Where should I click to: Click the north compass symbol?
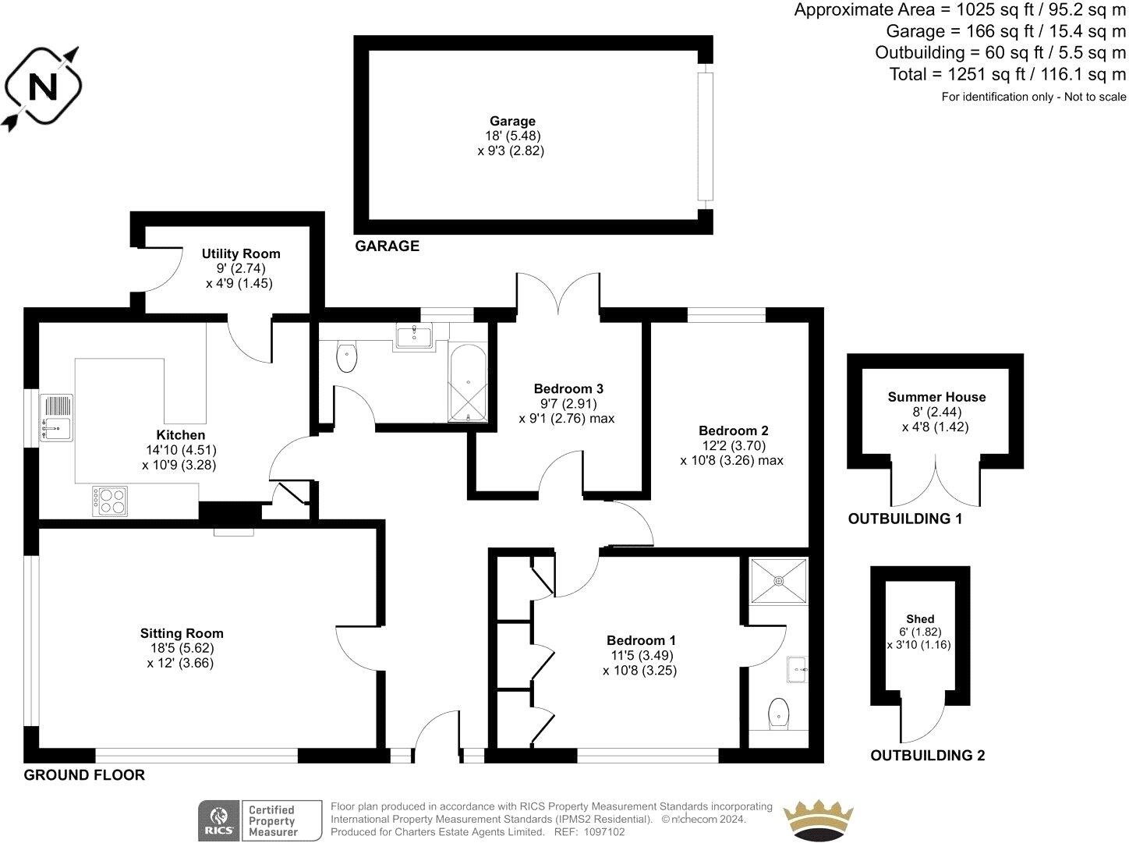pos(44,87)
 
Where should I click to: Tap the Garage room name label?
pos(512,121)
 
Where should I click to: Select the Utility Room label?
pos(240,253)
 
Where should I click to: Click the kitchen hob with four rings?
pos(110,501)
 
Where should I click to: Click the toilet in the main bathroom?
pos(346,358)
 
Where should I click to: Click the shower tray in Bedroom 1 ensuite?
pos(778,580)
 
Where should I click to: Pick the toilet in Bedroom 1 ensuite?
pos(778,713)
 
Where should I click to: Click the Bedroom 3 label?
pos(568,388)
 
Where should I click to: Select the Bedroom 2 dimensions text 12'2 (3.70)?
pos(733,445)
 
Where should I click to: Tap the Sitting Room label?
pos(182,633)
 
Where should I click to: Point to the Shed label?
pos(920,618)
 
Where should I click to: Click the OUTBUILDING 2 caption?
pos(927,755)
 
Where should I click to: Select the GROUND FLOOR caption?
pos(84,774)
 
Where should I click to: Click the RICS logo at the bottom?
pos(218,820)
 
